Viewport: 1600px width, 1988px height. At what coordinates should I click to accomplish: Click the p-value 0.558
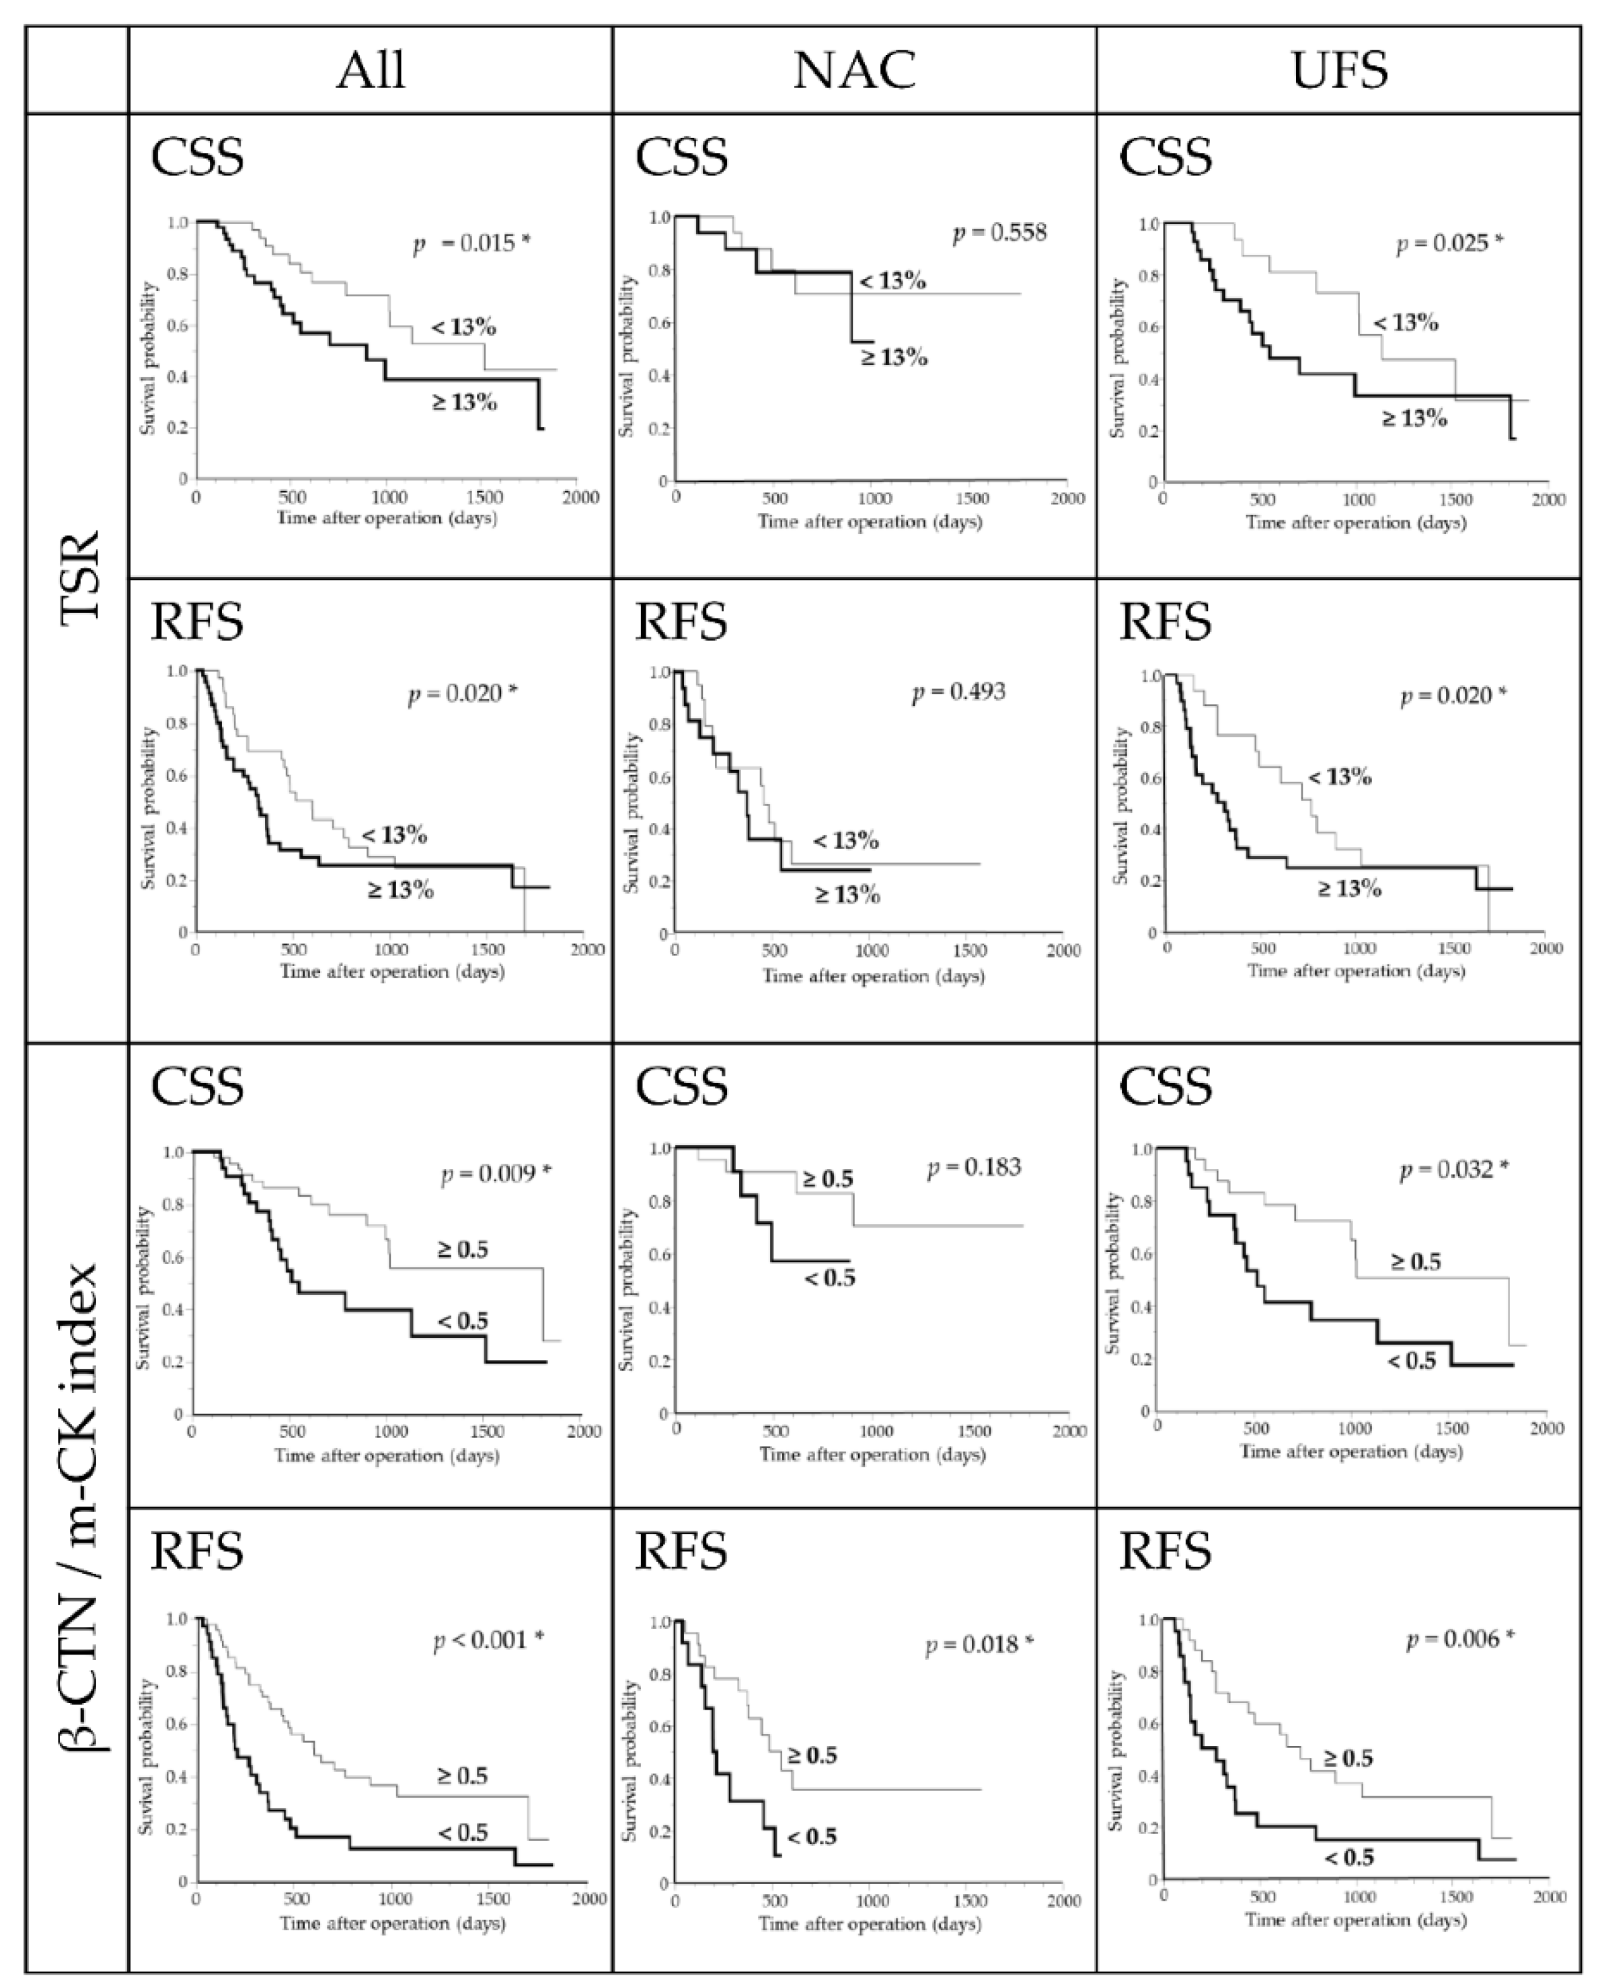coord(999,233)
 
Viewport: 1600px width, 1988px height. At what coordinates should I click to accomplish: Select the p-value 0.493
coord(959,692)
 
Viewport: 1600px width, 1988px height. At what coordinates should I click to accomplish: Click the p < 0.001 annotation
coord(489,1640)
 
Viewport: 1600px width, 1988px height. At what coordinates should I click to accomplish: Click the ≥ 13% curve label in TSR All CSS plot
coord(465,402)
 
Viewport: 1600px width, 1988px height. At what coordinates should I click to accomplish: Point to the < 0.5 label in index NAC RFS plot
coord(812,1837)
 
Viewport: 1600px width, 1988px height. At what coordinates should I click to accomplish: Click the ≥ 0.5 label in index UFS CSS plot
coord(1414,1261)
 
